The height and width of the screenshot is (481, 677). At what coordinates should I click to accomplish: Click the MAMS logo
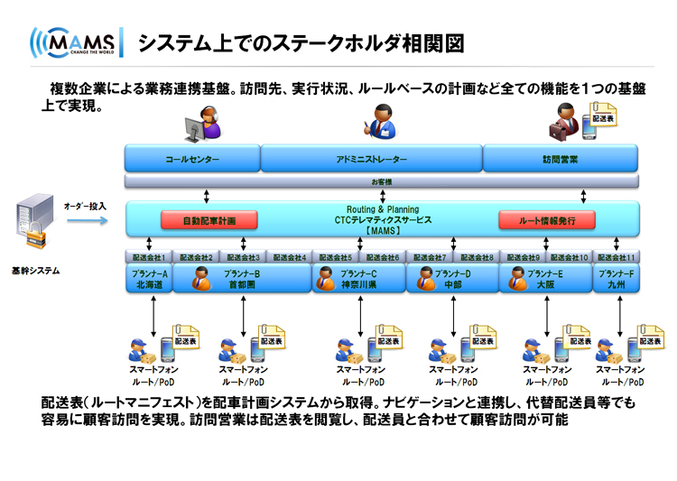[x=76, y=43]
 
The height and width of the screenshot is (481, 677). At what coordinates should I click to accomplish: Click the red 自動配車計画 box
[x=209, y=219]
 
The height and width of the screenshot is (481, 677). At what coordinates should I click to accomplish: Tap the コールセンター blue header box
[x=191, y=160]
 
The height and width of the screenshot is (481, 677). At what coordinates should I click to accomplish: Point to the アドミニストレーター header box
[x=371, y=160]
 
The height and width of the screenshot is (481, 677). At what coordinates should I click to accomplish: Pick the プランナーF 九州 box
[x=617, y=279]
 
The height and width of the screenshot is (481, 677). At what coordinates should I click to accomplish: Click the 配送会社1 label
[x=148, y=257]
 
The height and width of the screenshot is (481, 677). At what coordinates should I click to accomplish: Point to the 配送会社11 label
[x=617, y=257]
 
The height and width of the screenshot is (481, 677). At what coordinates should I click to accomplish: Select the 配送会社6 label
[x=383, y=257]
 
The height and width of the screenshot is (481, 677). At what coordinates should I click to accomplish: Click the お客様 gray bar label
[x=382, y=181]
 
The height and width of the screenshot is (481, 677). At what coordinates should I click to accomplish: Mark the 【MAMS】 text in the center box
[x=383, y=230]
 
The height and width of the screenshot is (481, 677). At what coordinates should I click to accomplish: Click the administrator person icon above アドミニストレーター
[x=380, y=121]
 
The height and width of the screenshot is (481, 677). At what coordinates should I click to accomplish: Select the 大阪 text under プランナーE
[x=546, y=284]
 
